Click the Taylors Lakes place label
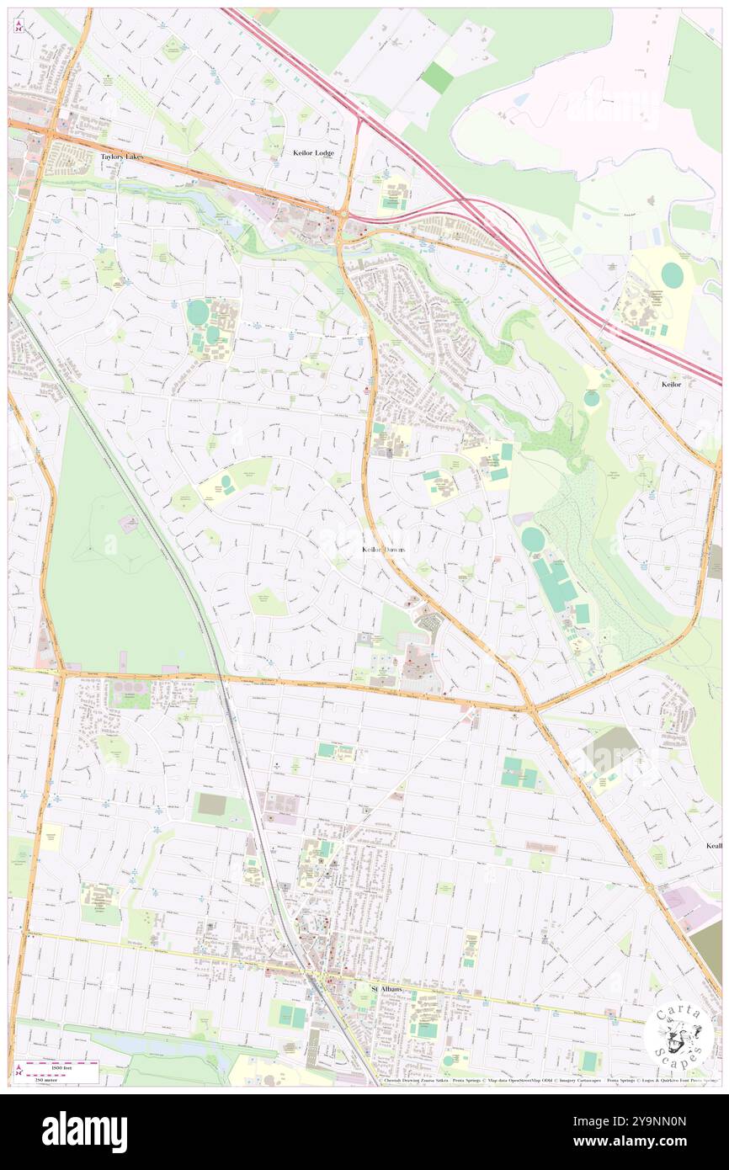(121, 157)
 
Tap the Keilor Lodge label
(313, 153)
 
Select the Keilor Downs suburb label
(384, 549)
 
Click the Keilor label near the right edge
(671, 384)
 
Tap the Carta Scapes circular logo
(679, 1038)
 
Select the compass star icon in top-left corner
(19, 25)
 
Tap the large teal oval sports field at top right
(672, 274)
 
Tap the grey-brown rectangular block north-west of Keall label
(610, 749)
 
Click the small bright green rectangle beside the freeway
(437, 78)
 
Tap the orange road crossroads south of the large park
(61, 673)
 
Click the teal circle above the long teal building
(533, 540)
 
